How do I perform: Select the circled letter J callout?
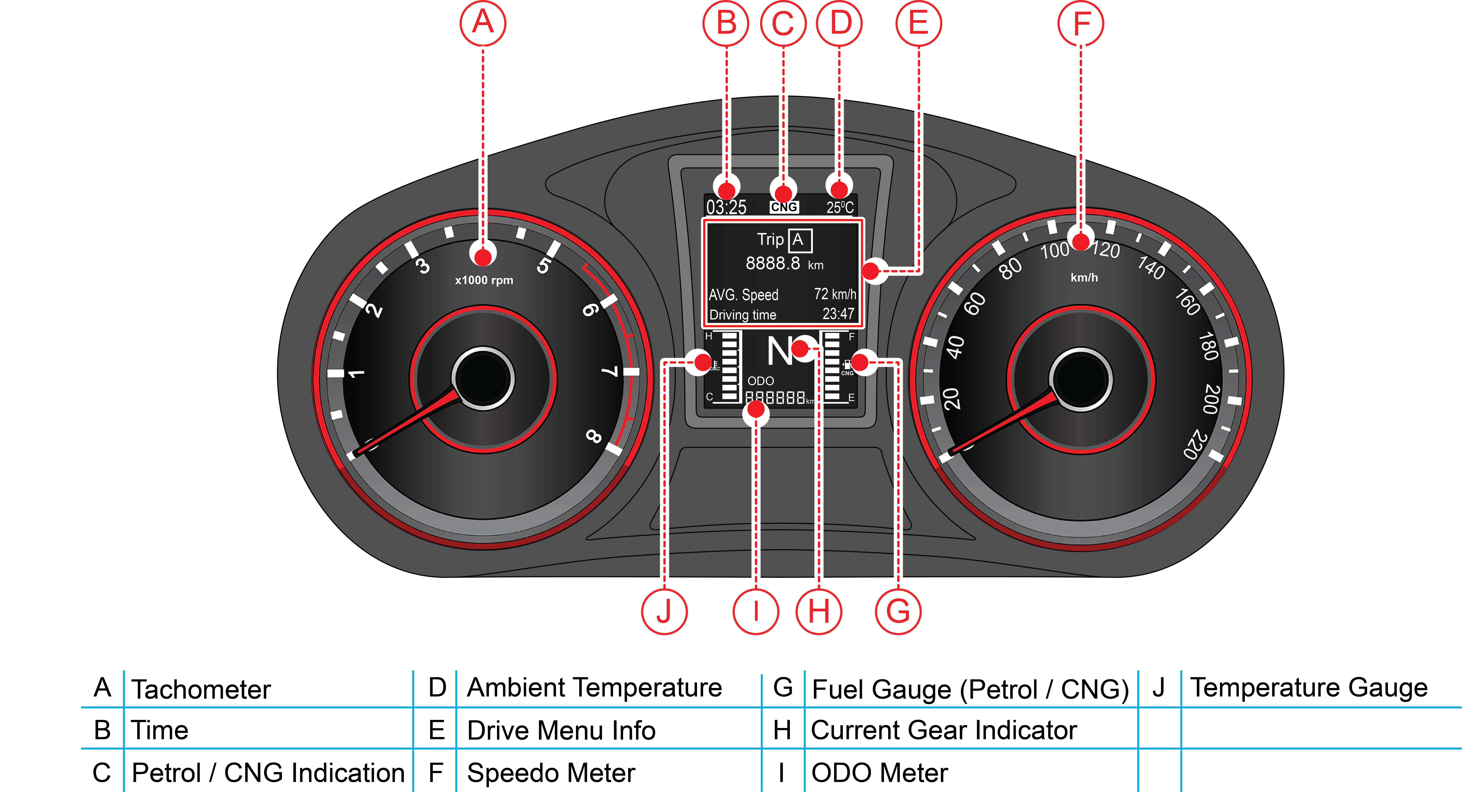(664, 612)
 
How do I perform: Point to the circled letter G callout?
(898, 612)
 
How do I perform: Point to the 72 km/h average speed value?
(835, 294)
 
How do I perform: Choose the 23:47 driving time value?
(838, 314)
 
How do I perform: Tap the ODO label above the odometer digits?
(760, 381)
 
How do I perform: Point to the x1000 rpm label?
(484, 280)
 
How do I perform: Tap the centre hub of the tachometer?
(483, 378)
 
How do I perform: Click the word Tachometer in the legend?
(201, 689)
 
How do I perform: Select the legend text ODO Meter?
(880, 773)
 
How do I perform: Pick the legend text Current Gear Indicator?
(944, 730)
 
